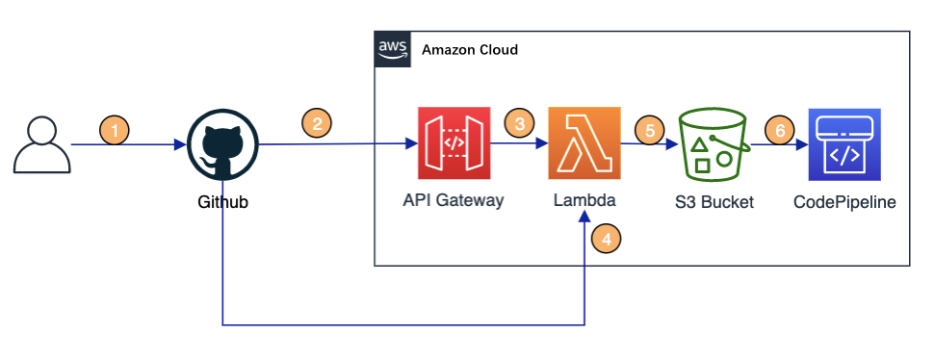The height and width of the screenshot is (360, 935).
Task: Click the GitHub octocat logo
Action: coord(222,144)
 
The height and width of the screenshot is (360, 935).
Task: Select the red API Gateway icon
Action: coord(454,143)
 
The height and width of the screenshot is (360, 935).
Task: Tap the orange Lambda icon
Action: coord(584,143)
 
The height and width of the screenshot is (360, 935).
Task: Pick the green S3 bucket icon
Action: coord(714,144)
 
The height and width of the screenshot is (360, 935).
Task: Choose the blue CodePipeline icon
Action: coord(844,144)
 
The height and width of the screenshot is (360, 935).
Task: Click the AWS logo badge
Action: coord(393,49)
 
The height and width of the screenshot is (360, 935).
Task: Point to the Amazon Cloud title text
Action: coord(470,50)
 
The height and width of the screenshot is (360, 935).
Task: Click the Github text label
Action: coord(222,203)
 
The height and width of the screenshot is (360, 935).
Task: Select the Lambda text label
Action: coord(584,201)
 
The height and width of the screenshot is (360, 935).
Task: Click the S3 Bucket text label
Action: coord(714,202)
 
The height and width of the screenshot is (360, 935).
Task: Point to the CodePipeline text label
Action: coord(844,202)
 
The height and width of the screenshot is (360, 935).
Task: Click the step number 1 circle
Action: coord(115,129)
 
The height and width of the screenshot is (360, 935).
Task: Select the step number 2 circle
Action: coord(317,124)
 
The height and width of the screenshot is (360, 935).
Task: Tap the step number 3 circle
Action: coord(520,124)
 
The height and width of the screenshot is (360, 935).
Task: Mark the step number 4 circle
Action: coord(607,240)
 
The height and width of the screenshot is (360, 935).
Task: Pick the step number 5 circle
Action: coord(650,129)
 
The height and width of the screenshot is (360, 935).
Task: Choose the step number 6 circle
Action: coord(779,129)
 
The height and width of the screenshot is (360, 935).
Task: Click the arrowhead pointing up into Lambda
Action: coord(584,219)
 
